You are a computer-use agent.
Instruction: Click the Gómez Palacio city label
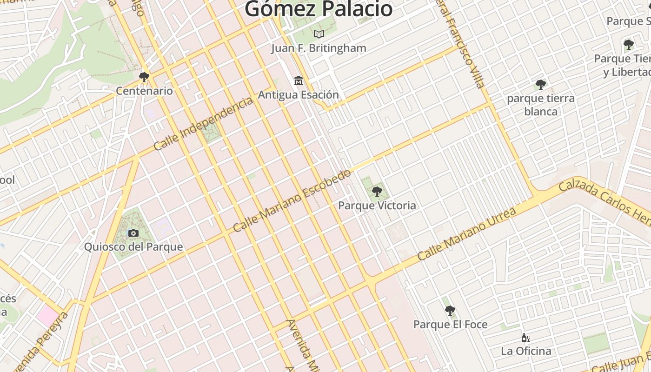point(319,9)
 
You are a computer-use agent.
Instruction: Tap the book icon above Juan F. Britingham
point(319,34)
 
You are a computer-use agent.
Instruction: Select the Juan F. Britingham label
point(319,48)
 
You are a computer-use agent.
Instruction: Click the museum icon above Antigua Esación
point(299,81)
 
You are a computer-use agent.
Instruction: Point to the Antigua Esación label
point(299,95)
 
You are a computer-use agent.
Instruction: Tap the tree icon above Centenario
point(144,77)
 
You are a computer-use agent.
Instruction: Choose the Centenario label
point(144,91)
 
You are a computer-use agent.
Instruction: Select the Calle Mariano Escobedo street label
point(292,201)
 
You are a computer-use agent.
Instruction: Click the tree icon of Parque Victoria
point(377,191)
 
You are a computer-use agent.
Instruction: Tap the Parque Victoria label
point(377,206)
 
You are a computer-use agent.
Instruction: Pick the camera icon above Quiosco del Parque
point(133,233)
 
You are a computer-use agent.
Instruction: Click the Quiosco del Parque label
point(133,247)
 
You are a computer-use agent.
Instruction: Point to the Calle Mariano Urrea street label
point(466,234)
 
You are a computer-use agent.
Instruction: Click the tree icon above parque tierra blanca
point(540,85)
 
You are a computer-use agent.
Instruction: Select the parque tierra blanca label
point(541,105)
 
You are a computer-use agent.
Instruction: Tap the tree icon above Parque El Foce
point(450,310)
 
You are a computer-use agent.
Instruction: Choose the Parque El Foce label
point(451,325)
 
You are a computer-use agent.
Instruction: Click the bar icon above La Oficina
point(526,338)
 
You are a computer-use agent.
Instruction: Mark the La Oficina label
point(526,351)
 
